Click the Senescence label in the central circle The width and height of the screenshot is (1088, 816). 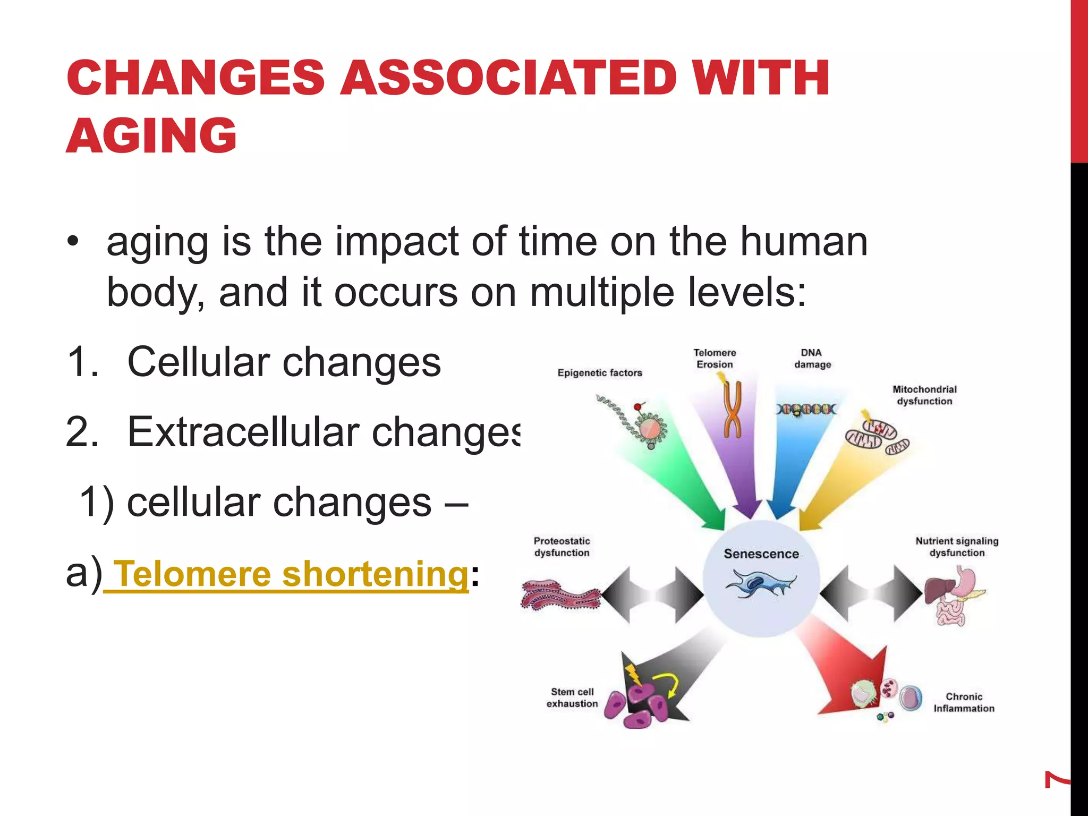[761, 554]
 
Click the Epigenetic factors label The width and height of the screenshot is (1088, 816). [600, 373]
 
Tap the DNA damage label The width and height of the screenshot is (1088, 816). [812, 359]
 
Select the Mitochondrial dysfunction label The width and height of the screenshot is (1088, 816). [924, 395]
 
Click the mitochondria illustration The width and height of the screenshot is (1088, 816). [877, 436]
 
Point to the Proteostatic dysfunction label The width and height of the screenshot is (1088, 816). [562, 547]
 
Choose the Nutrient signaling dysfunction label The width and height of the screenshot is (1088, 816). [957, 547]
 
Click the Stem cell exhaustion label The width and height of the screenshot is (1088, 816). [572, 698]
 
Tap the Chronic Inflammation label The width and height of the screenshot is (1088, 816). [964, 702]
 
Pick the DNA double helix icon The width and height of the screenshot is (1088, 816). [805, 410]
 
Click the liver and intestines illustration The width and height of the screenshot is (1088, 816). [954, 595]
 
